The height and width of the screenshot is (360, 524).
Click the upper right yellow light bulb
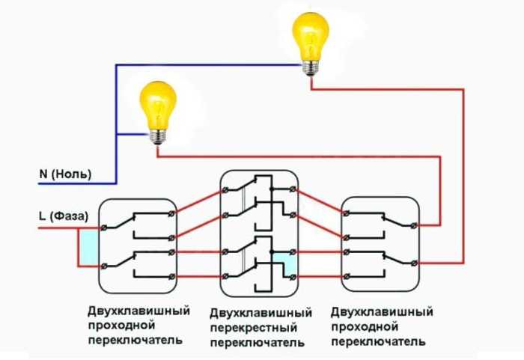click(x=311, y=43)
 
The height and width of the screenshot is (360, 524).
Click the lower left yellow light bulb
click(x=158, y=112)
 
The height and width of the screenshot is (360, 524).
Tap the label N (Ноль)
click(x=65, y=174)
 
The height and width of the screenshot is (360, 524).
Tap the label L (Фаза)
click(x=64, y=216)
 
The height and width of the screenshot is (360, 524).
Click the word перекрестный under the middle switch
click(x=254, y=328)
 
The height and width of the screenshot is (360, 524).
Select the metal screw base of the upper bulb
click(x=311, y=69)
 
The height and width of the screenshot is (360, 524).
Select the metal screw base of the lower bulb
click(x=158, y=137)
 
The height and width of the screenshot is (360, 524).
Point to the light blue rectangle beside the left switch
click(x=90, y=247)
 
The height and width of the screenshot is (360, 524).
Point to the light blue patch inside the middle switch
click(x=284, y=263)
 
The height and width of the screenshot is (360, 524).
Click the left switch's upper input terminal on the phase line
click(x=104, y=228)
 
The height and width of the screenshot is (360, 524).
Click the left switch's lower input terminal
click(x=104, y=266)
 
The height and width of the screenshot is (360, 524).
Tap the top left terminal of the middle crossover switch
click(x=225, y=190)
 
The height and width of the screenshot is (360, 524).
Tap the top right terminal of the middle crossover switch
click(x=293, y=189)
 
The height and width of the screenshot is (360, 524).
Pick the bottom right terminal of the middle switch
click(x=293, y=276)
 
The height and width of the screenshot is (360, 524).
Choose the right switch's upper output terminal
click(x=415, y=225)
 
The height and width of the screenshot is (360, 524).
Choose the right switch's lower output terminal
click(x=415, y=263)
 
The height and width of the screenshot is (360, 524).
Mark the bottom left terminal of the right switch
click(x=346, y=276)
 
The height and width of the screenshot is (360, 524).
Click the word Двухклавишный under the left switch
click(x=138, y=311)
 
